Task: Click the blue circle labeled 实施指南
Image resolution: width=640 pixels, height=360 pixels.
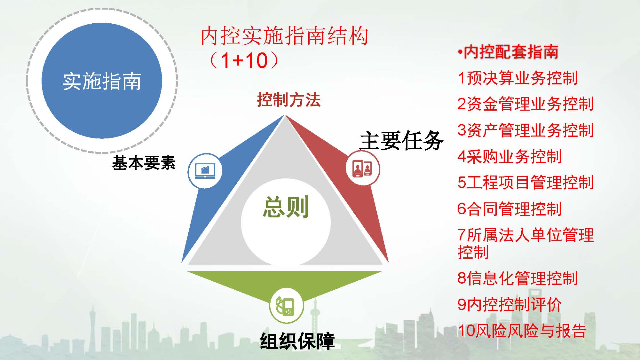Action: (x=102, y=81)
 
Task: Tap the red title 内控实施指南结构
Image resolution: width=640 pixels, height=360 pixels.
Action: (x=284, y=36)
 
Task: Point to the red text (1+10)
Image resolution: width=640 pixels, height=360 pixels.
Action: (x=244, y=60)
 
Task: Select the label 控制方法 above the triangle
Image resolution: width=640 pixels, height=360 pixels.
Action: (x=289, y=100)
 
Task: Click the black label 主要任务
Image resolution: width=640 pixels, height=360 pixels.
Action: (x=402, y=140)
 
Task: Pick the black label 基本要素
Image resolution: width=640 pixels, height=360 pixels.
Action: (x=144, y=162)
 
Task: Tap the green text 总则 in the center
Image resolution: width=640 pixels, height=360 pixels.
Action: (x=286, y=207)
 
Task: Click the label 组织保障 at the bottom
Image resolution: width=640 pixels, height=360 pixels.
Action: (x=297, y=341)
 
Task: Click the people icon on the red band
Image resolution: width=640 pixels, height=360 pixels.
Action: (x=363, y=168)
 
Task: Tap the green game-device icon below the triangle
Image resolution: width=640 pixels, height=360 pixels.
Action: (x=286, y=305)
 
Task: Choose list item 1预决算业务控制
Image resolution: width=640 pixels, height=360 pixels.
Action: (x=518, y=78)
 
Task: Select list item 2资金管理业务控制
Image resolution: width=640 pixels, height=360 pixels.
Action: (x=525, y=104)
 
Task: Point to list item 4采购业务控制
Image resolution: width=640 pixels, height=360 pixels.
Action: (x=510, y=156)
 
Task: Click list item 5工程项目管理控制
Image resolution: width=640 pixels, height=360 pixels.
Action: (x=525, y=183)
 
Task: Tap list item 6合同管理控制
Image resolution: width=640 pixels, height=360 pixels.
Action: (x=510, y=209)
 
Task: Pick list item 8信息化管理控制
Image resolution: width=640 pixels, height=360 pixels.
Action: (x=518, y=278)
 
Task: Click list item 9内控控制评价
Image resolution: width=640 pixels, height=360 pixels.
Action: (x=510, y=304)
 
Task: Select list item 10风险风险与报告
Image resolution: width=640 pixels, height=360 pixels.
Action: (x=522, y=331)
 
